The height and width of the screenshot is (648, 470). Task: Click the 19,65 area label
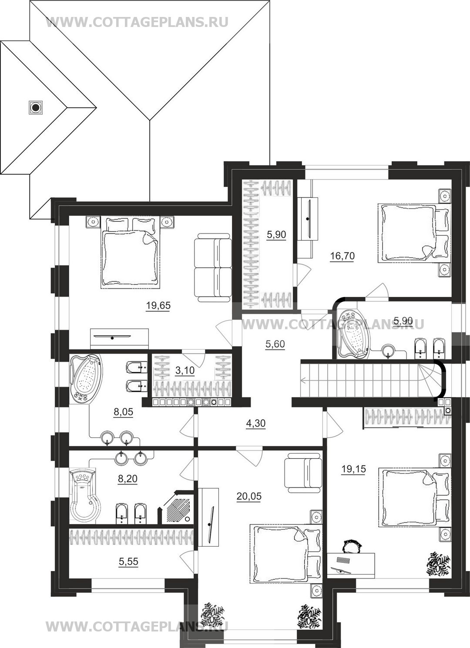[158, 305]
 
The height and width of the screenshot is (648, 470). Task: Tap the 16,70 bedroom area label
[342, 256]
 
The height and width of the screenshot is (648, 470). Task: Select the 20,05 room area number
[249, 496]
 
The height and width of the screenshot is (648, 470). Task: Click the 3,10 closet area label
[185, 370]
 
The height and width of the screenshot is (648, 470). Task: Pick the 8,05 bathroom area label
[123, 412]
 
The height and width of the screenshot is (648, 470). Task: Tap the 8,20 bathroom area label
[128, 479]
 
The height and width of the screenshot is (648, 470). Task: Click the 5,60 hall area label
[275, 344]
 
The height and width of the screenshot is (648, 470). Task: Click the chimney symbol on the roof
[36, 107]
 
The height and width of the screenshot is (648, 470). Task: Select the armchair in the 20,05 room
[303, 474]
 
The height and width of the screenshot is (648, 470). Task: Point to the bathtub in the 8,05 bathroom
[86, 377]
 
